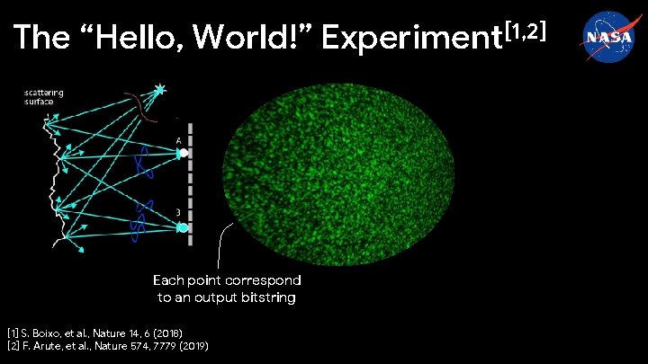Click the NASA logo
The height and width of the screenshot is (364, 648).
coord(606,37)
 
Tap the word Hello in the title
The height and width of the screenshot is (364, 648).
coord(135,38)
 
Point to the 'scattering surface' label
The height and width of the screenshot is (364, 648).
coord(44,96)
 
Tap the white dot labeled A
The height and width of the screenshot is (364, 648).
coord(184,153)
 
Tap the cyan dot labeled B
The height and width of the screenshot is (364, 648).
coord(183,227)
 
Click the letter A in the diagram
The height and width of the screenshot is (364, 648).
coord(179,140)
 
